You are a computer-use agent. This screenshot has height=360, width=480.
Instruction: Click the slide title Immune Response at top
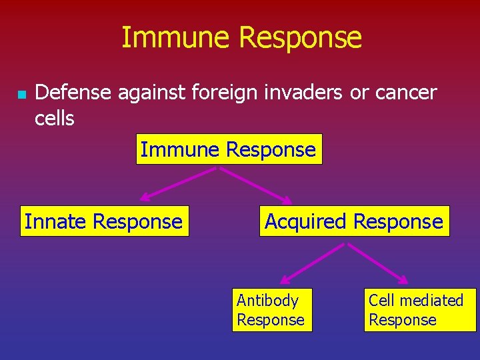click(241, 38)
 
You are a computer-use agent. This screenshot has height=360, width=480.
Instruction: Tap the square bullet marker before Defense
click(21, 95)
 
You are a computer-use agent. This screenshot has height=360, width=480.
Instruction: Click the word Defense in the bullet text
click(73, 93)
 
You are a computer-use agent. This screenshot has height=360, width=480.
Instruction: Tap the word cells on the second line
click(54, 119)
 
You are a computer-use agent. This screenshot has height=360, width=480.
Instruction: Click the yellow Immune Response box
click(229, 149)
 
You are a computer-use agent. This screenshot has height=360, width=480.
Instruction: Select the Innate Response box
click(104, 221)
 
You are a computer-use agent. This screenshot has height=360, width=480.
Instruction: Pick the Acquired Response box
click(354, 221)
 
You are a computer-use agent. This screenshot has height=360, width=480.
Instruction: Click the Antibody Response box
click(271, 310)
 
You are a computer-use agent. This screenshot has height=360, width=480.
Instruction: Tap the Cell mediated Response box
click(419, 310)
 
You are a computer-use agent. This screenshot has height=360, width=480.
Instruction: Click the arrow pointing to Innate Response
click(177, 183)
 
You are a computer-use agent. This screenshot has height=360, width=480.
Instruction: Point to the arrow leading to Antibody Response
click(312, 261)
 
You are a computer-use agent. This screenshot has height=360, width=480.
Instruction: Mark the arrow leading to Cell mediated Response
click(379, 262)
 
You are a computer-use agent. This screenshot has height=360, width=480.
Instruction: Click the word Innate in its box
click(55, 221)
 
